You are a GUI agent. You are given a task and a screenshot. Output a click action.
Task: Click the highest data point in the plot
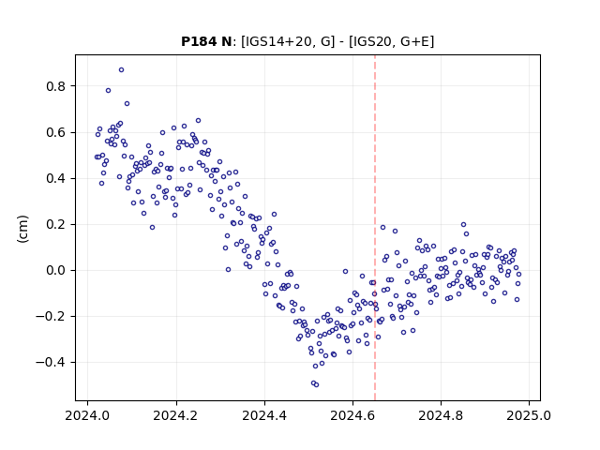coord(121,70)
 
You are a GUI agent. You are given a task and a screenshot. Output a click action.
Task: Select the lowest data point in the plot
coord(316,384)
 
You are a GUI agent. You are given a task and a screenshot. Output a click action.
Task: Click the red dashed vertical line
coord(375,228)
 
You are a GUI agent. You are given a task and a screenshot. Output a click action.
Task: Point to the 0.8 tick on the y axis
coord(56,86)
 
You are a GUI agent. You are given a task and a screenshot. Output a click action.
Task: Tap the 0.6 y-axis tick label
coord(56,132)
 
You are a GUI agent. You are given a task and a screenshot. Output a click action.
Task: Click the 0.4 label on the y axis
coord(56,178)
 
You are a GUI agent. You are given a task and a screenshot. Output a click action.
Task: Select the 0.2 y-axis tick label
coord(56,224)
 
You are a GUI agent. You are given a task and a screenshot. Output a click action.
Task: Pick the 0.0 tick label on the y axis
coord(56,270)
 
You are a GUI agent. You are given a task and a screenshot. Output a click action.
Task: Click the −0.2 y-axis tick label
coord(51,317)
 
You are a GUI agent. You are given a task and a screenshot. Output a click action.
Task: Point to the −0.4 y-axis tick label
coord(51,363)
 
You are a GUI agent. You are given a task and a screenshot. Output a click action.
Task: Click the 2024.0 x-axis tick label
coord(87,415)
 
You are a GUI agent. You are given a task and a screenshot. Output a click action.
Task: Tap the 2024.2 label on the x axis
coord(176,415)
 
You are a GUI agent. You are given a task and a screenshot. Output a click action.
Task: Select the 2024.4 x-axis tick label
coord(264,415)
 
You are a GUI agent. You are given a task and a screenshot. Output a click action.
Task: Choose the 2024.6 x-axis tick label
coord(352,415)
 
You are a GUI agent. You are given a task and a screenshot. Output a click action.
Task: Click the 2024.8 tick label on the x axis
coord(441,415)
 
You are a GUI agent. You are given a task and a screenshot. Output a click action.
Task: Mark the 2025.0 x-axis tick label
coord(529,415)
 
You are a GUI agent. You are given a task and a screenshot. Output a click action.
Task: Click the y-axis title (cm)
coord(22,229)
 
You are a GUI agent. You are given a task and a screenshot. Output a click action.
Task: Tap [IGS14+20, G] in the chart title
coord(288,41)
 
